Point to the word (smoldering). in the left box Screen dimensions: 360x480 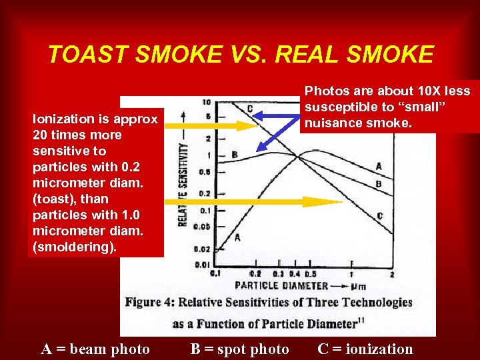[x=75, y=247]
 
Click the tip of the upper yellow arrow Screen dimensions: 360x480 [x=257, y=125]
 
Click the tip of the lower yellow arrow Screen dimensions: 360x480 [x=341, y=201]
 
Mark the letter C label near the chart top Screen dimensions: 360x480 [x=249, y=109]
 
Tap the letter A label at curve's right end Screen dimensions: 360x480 [x=379, y=166]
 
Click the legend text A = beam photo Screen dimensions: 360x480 [x=95, y=349]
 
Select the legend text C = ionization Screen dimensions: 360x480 [x=365, y=349]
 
